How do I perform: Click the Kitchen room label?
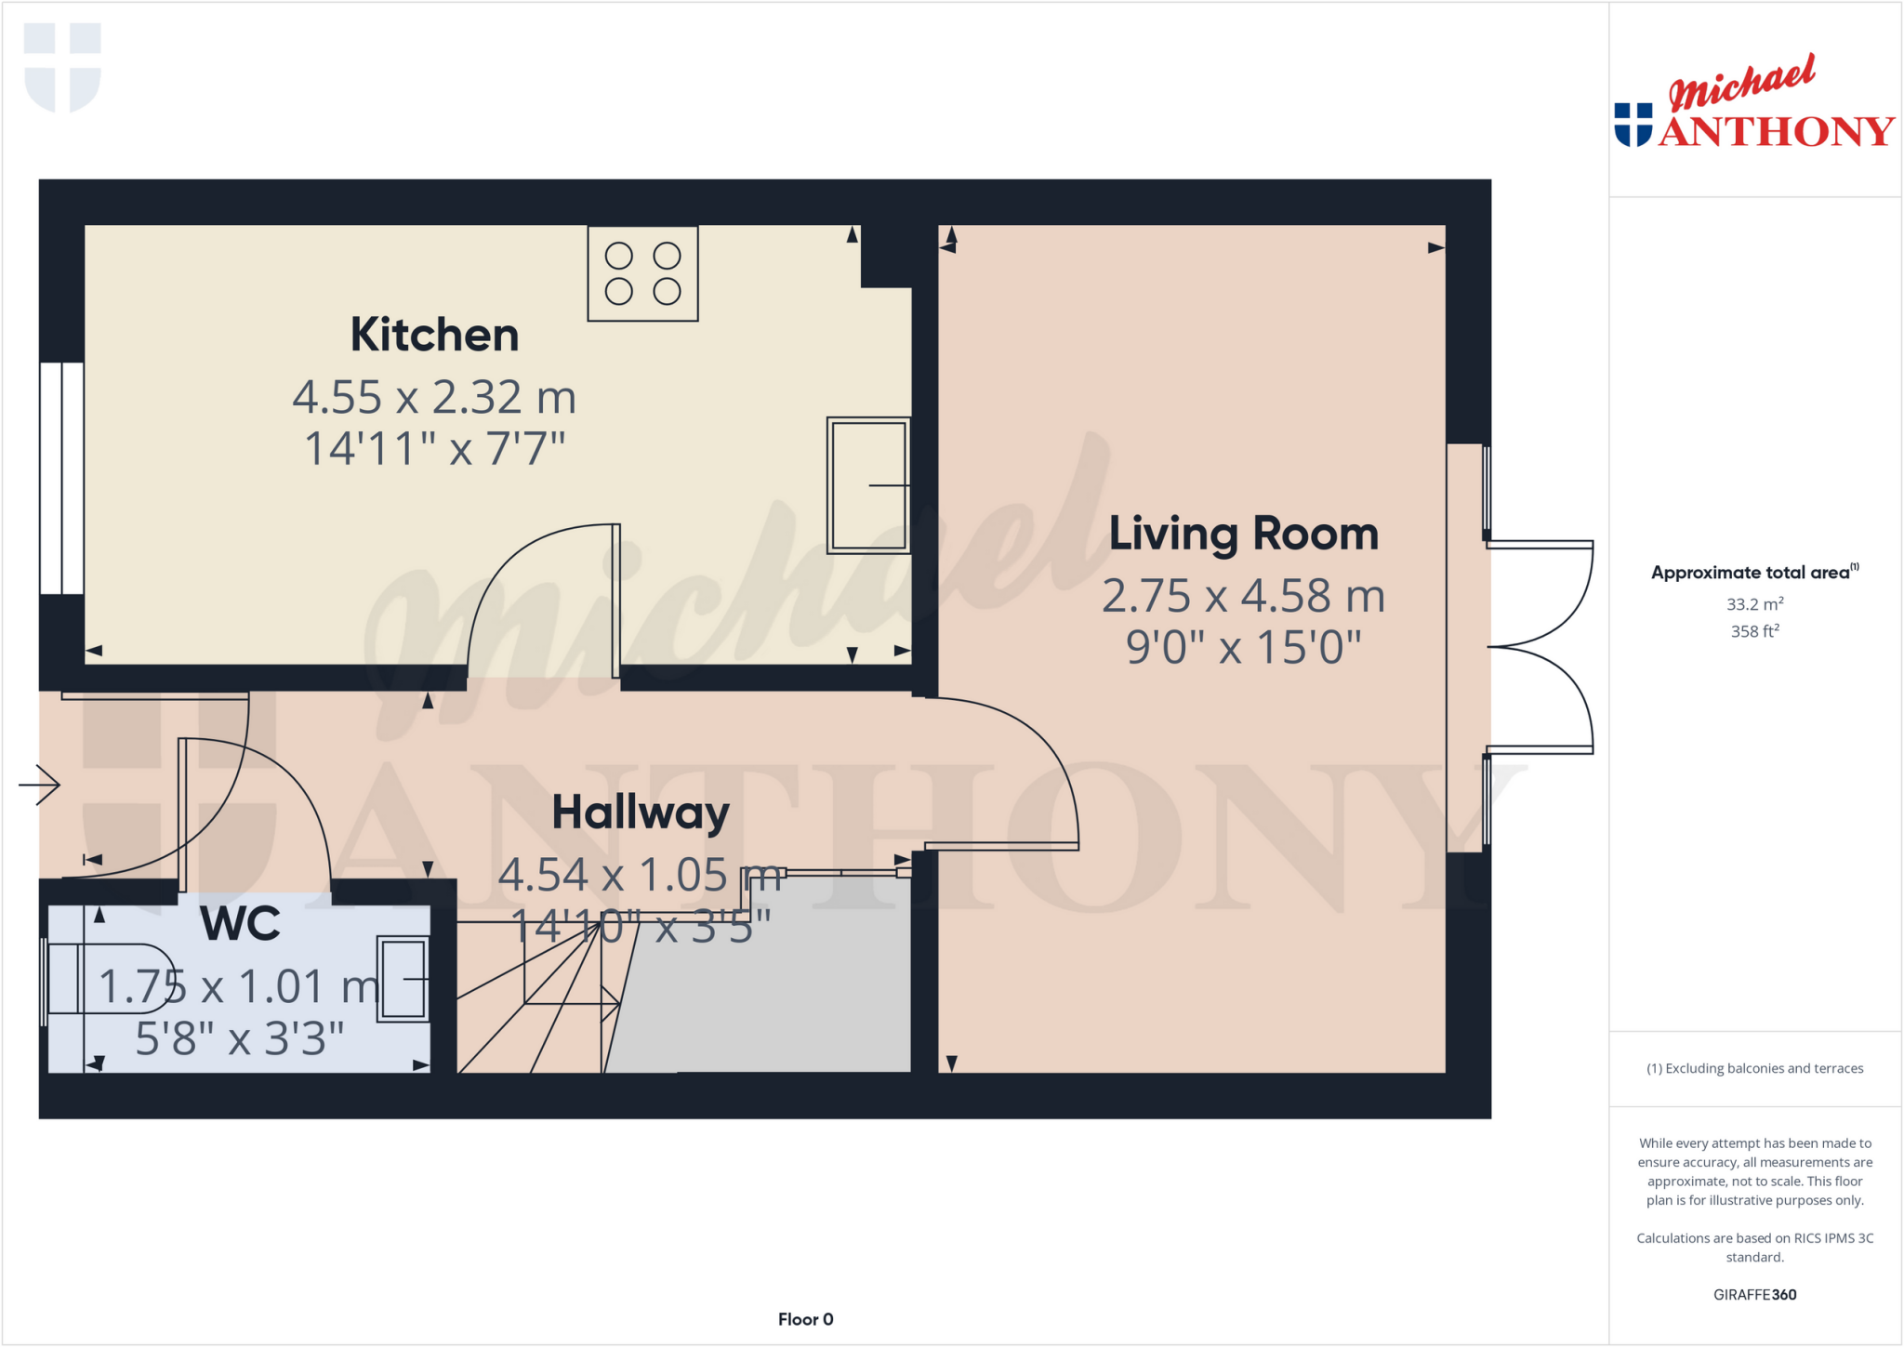pos(434,335)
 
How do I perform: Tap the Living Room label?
pos(1243,534)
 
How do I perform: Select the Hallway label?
pos(641,812)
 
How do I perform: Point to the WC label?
pos(240,923)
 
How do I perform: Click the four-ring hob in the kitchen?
pos(642,273)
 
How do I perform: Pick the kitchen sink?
pos(868,484)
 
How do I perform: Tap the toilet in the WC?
pos(107,978)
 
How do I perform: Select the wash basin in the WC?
pos(403,979)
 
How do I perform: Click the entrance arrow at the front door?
pos(40,785)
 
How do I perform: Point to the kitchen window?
pos(61,478)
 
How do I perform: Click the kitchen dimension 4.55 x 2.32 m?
pos(434,397)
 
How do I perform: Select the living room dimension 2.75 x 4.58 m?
pos(1243,596)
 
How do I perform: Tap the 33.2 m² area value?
pos(1754,604)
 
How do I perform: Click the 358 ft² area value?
pos(1754,631)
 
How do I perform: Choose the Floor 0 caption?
pos(805,1319)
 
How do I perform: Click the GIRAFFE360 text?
pos(1754,1294)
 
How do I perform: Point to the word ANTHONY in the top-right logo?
pos(1776,131)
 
